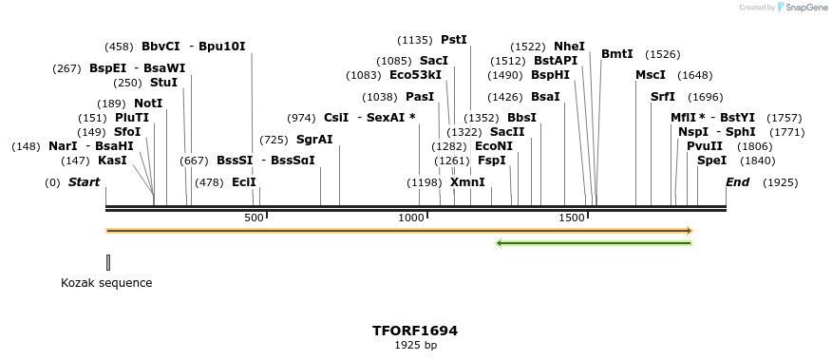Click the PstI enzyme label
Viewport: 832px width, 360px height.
coord(454,40)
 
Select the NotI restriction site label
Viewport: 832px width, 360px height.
coord(148,103)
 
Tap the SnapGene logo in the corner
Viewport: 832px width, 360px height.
coord(804,8)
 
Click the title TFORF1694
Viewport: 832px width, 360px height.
coord(415,331)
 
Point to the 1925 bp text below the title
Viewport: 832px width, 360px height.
coord(415,345)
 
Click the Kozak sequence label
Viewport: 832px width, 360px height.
coord(106,283)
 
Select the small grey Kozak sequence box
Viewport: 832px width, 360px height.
coord(108,262)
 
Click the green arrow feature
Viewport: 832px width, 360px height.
coord(594,243)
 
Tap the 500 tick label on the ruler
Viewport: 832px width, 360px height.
coord(254,218)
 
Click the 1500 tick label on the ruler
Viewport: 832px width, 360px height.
coord(572,218)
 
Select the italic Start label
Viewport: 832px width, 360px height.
coord(84,182)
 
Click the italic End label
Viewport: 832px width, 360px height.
coord(738,182)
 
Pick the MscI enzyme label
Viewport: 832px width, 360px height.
coord(651,75)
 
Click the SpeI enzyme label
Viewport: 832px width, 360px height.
coord(711,161)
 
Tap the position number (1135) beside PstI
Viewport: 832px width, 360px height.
coord(414,40)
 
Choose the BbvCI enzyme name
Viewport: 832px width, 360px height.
coord(161,46)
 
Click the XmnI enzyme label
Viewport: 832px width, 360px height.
coord(466,182)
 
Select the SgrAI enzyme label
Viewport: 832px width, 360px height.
coord(314,140)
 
